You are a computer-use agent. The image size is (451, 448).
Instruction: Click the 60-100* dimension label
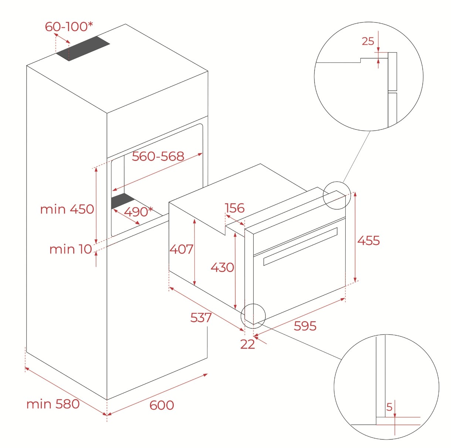(x=69, y=27)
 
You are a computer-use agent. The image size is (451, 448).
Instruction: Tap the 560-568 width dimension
(x=158, y=156)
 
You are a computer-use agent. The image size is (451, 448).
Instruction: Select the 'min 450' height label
(x=67, y=209)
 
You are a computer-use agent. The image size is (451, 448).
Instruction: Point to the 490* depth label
(x=138, y=212)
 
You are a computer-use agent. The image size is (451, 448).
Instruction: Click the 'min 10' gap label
(x=71, y=249)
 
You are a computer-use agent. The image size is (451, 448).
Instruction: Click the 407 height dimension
(x=182, y=249)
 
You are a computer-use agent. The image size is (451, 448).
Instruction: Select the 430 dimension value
(x=222, y=267)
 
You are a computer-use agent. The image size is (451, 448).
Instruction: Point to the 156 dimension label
(x=234, y=208)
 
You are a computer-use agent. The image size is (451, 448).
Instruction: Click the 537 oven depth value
(x=201, y=318)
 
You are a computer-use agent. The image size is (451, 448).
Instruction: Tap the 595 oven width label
(x=305, y=326)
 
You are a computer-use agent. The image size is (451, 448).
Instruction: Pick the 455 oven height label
(x=369, y=240)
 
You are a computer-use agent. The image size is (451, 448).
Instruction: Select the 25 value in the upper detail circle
(x=368, y=41)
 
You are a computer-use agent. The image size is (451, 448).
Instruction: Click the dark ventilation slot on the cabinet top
(x=83, y=48)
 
